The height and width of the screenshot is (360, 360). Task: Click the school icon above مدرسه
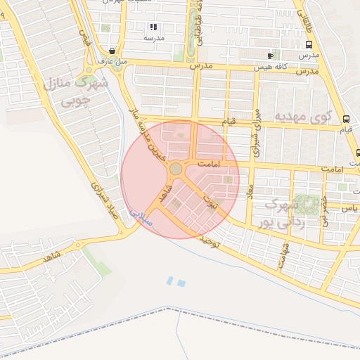[x=153, y=27]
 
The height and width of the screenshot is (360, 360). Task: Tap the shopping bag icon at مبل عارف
[x=112, y=51]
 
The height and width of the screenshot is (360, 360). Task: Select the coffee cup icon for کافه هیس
[x=271, y=55]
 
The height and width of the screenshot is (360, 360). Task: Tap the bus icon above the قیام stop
[x=345, y=119]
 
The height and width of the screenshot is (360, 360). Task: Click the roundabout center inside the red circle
[x=176, y=169]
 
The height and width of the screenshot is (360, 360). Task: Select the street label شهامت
[x=283, y=254]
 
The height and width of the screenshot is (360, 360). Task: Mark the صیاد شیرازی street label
[x=108, y=200]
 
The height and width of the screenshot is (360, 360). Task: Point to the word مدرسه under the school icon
[x=153, y=38]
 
